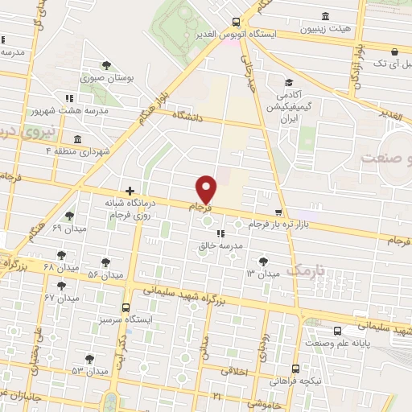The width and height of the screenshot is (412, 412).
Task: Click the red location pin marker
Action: [x=207, y=189]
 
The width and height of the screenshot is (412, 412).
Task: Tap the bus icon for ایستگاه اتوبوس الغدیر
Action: [x=235, y=22]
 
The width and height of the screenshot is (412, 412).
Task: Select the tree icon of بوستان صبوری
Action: [x=105, y=66]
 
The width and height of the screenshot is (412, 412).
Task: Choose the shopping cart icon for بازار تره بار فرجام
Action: [x=278, y=212]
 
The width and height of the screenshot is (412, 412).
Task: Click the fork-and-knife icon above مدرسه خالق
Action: [x=220, y=233]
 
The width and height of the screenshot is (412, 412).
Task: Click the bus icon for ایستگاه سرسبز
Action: [x=125, y=307]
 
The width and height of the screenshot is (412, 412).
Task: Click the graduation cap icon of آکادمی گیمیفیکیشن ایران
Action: [x=287, y=82]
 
